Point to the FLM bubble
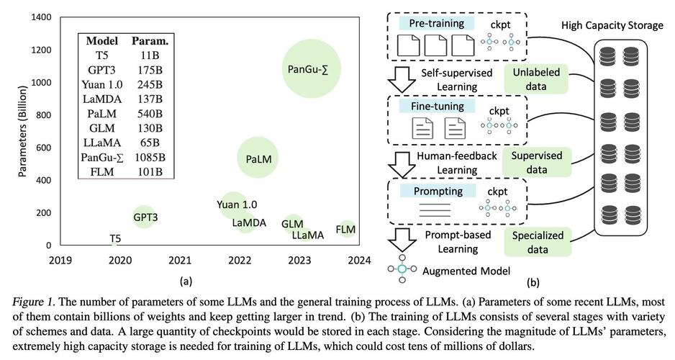(346, 229)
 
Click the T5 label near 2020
(115, 238)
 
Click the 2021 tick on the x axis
(179, 260)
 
